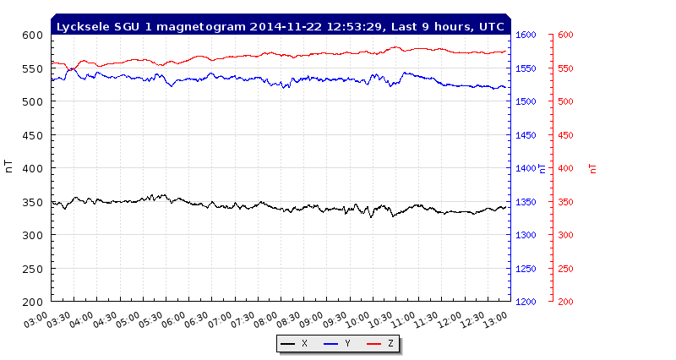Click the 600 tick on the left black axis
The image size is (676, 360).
(x=32, y=35)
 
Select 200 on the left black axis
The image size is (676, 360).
(x=32, y=302)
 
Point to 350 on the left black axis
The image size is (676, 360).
(x=32, y=202)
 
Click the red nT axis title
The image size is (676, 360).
(x=593, y=168)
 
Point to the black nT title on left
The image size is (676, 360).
(x=9, y=168)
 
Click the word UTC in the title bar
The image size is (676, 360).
(x=492, y=26)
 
